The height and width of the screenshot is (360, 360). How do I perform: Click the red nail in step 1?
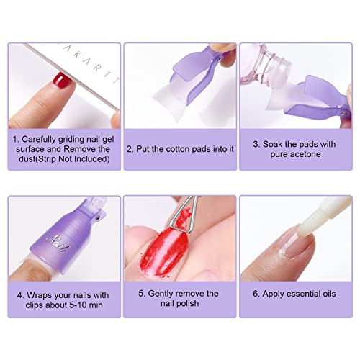tap(62, 81)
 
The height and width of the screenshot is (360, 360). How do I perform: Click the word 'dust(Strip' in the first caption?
tap(37, 159)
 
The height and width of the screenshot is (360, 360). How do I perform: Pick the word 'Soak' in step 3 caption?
tap(273, 144)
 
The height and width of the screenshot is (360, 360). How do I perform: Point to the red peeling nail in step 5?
tap(163, 252)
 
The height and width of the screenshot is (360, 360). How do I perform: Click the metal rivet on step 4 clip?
tap(98, 218)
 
